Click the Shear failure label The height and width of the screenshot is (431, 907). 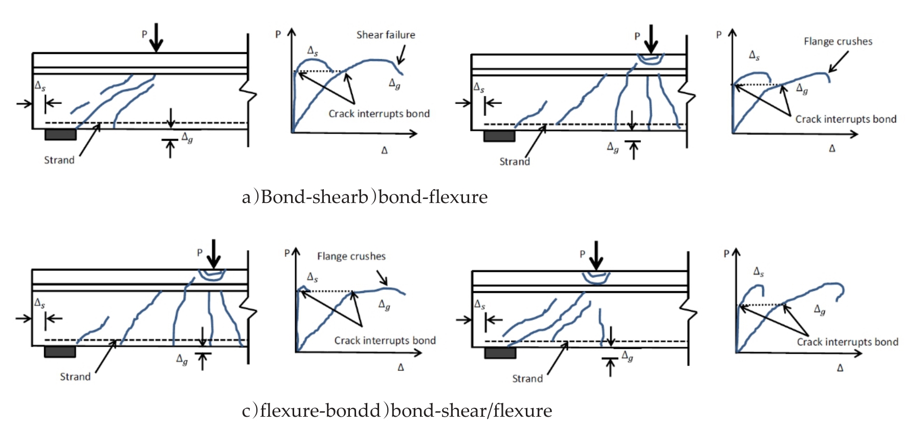click(x=386, y=35)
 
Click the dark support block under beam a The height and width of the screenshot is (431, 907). click(x=60, y=134)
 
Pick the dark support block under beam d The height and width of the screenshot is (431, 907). click(x=500, y=353)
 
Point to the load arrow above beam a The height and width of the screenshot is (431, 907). click(x=156, y=37)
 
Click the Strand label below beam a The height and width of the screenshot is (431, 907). click(x=59, y=160)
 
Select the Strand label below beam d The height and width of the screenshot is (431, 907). click(x=527, y=379)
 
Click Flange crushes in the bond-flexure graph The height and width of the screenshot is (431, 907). click(x=838, y=41)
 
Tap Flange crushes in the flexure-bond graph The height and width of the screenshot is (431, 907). click(x=351, y=256)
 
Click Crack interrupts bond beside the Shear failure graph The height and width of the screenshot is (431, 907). click(x=379, y=114)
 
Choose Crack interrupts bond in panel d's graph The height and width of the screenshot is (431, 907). click(x=847, y=342)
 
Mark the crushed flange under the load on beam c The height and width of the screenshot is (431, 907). click(x=212, y=275)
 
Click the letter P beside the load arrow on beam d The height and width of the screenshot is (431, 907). click(x=582, y=254)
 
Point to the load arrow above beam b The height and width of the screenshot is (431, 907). click(x=651, y=38)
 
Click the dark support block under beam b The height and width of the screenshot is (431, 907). click(x=499, y=135)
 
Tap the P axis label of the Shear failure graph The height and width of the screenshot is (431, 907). click(x=278, y=34)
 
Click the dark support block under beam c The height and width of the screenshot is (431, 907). click(x=60, y=352)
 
